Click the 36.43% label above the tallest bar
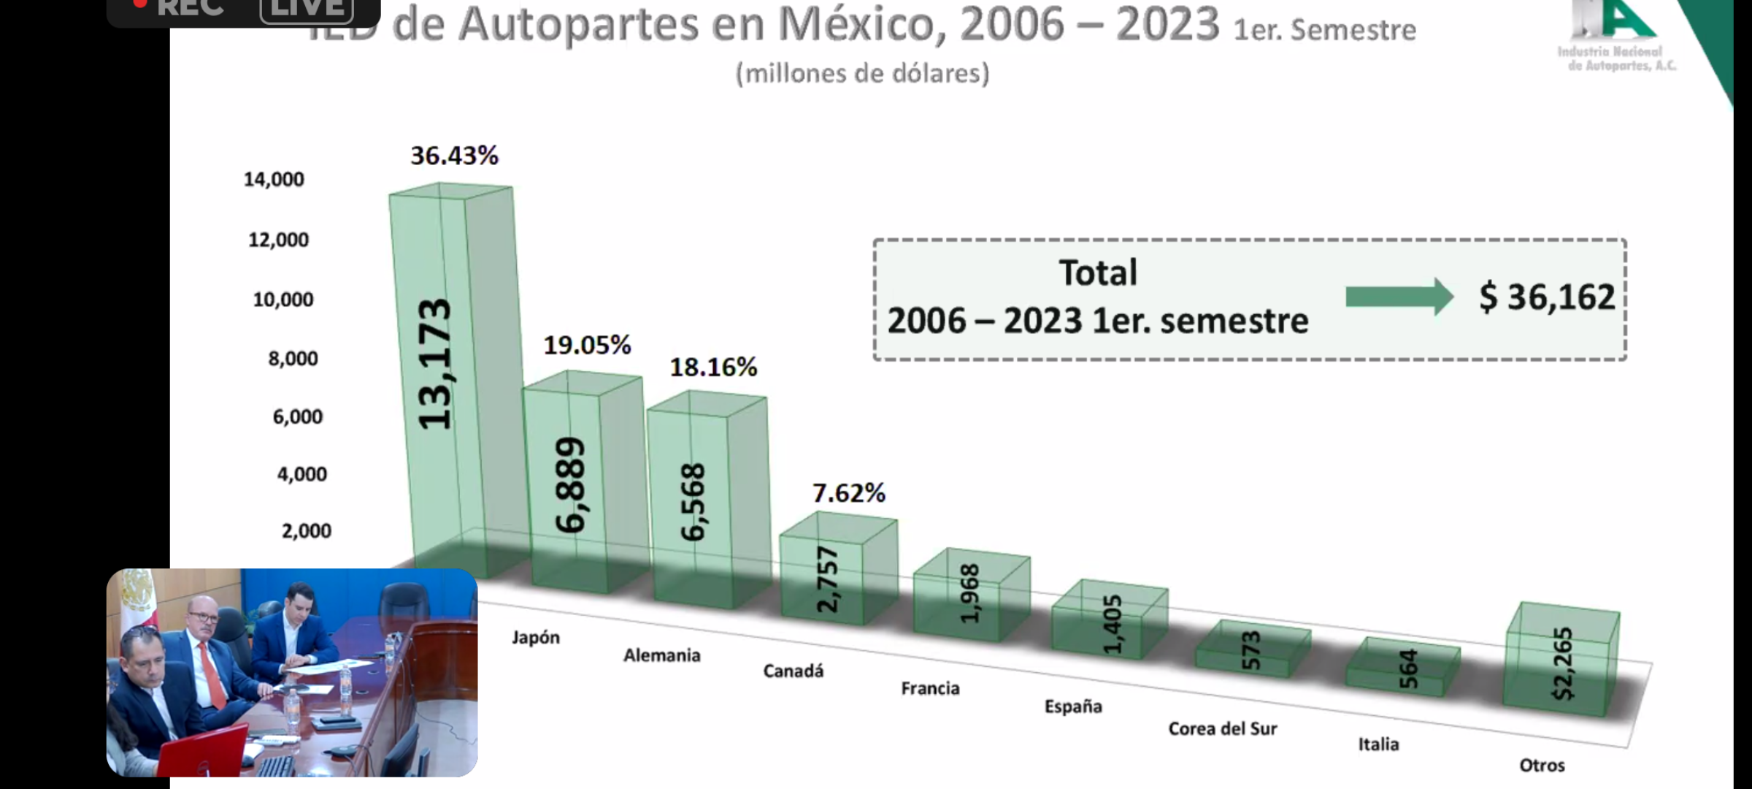pyautogui.click(x=454, y=156)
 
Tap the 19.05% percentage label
pyautogui.click(x=587, y=345)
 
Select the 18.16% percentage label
pyautogui.click(x=713, y=367)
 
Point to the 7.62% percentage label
pyautogui.click(x=848, y=493)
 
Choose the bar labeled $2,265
pyautogui.click(x=1562, y=661)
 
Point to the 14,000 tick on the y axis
pyautogui.click(x=274, y=179)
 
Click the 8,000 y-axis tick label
pyautogui.click(x=293, y=358)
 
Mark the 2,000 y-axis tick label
pyautogui.click(x=307, y=530)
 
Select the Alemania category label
pyautogui.click(x=661, y=655)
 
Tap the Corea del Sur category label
pyautogui.click(x=1223, y=728)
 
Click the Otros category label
pyautogui.click(x=1542, y=765)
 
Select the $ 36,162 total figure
pyautogui.click(x=1547, y=297)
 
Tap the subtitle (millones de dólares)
pyautogui.click(x=862, y=73)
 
